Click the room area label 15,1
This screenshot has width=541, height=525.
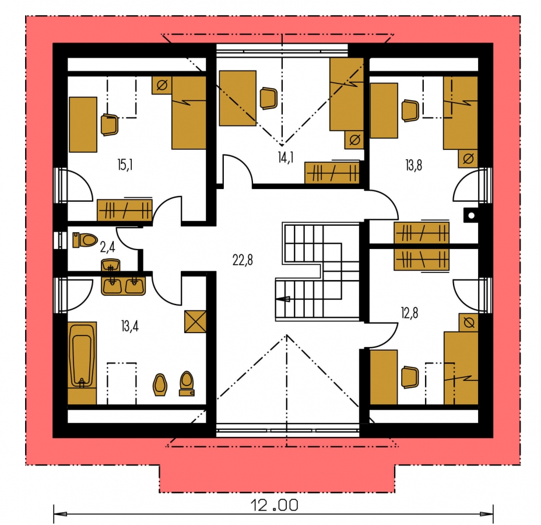pos(125,165)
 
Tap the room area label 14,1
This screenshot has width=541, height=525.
pos(286,157)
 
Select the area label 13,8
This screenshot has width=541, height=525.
pos(413,165)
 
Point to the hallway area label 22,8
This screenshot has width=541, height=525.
pos(243,260)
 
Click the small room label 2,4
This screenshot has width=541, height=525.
pos(107,247)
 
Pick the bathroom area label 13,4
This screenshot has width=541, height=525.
pos(130,326)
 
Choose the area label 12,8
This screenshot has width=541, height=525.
pos(410,313)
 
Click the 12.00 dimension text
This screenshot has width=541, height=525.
pos(275,506)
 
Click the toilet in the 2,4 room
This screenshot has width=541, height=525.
pos(85,240)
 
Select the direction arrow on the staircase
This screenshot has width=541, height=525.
pos(283,299)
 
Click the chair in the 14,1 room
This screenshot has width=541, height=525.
pos(268,99)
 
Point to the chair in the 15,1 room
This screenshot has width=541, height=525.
pos(110,125)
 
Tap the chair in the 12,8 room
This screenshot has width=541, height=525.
pos(410,377)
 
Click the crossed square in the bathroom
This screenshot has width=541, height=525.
pos(195,321)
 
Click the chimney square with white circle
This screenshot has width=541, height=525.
pos(471,216)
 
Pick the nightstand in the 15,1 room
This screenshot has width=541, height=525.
pos(162,85)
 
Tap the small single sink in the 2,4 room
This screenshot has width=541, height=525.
pos(111,265)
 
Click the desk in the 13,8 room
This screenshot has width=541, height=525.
pos(384,110)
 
